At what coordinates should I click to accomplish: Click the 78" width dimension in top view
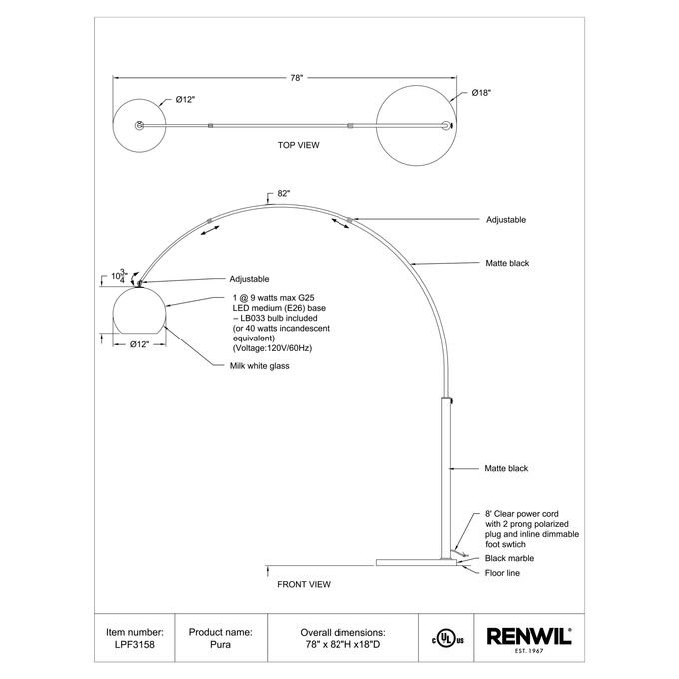click(x=296, y=77)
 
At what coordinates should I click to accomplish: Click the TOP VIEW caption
click(x=298, y=145)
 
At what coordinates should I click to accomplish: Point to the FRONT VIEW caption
click(x=303, y=583)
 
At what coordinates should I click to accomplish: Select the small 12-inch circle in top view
click(x=140, y=124)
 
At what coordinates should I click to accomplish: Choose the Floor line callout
click(x=505, y=573)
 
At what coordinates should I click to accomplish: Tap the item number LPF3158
click(x=134, y=646)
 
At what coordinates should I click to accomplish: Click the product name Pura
click(x=219, y=646)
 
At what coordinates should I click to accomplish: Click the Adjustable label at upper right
click(x=506, y=219)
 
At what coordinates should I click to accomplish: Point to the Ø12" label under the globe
click(x=139, y=344)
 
